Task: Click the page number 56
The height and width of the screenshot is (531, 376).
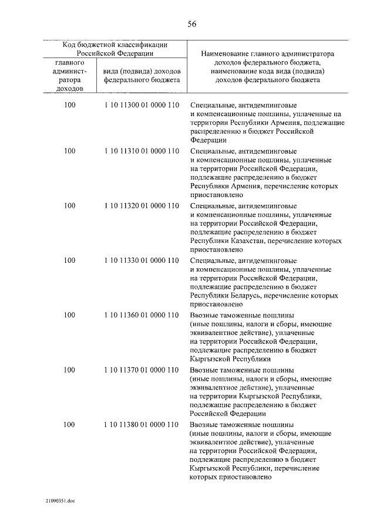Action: (192, 24)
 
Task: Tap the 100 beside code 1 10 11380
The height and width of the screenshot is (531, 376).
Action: (69, 424)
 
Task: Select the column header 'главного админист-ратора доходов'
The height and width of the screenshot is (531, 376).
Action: (69, 75)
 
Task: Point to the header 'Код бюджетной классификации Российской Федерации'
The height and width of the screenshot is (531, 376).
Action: (115, 48)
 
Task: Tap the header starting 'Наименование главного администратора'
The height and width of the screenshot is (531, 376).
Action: (267, 65)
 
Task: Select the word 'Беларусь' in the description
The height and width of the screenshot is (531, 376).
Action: (243, 296)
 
